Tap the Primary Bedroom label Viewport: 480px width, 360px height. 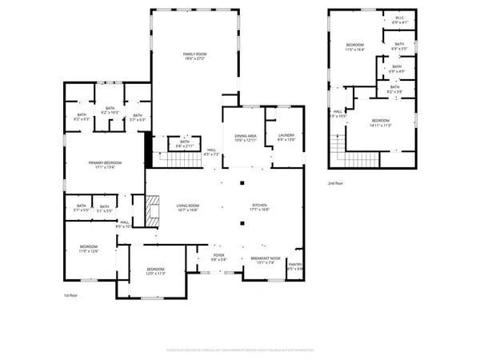(x=104, y=166)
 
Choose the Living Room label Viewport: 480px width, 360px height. (x=187, y=208)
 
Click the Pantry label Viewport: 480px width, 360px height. (x=295, y=266)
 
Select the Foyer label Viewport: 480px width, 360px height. (x=218, y=258)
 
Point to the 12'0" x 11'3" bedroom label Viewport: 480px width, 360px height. (x=155, y=271)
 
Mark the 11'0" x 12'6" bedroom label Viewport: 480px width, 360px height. (x=88, y=249)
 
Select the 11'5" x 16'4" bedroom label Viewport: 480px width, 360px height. (x=354, y=46)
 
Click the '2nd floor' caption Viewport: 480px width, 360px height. (x=338, y=183)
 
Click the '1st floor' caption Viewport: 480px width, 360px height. (x=73, y=296)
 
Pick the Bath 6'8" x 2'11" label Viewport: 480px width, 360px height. (x=185, y=144)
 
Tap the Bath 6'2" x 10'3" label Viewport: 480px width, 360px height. (x=110, y=110)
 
